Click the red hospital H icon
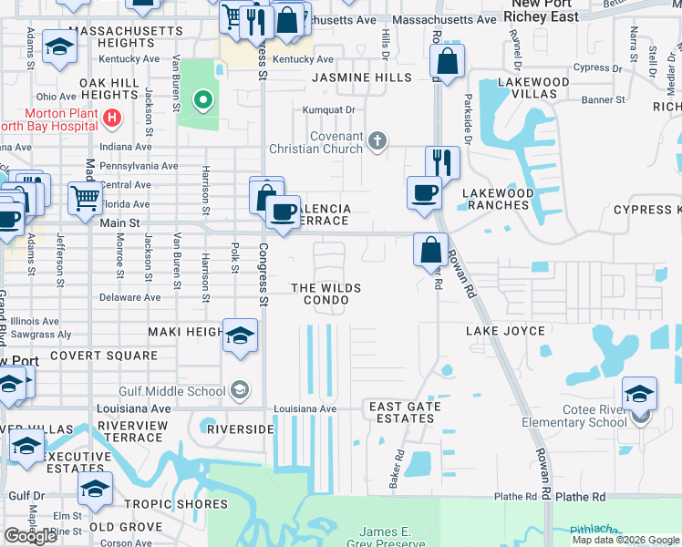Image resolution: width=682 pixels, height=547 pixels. click(x=111, y=117)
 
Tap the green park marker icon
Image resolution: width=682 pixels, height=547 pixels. click(x=201, y=99)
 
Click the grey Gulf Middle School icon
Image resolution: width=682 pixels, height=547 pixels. click(x=239, y=391)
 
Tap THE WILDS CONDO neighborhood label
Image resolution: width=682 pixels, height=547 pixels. click(x=325, y=294)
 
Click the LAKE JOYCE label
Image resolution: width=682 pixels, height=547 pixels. click(x=505, y=331)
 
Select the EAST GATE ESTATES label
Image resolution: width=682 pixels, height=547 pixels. click(x=405, y=412)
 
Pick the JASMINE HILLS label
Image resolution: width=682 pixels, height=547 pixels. click(x=362, y=78)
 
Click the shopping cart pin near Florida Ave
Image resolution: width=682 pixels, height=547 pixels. click(x=85, y=195)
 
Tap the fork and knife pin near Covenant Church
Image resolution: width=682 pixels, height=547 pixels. click(x=442, y=162)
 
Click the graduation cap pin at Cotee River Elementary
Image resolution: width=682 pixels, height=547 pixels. click(x=639, y=394)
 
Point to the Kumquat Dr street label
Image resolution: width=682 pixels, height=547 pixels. click(x=331, y=109)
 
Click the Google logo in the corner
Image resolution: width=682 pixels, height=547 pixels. click(x=30, y=536)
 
